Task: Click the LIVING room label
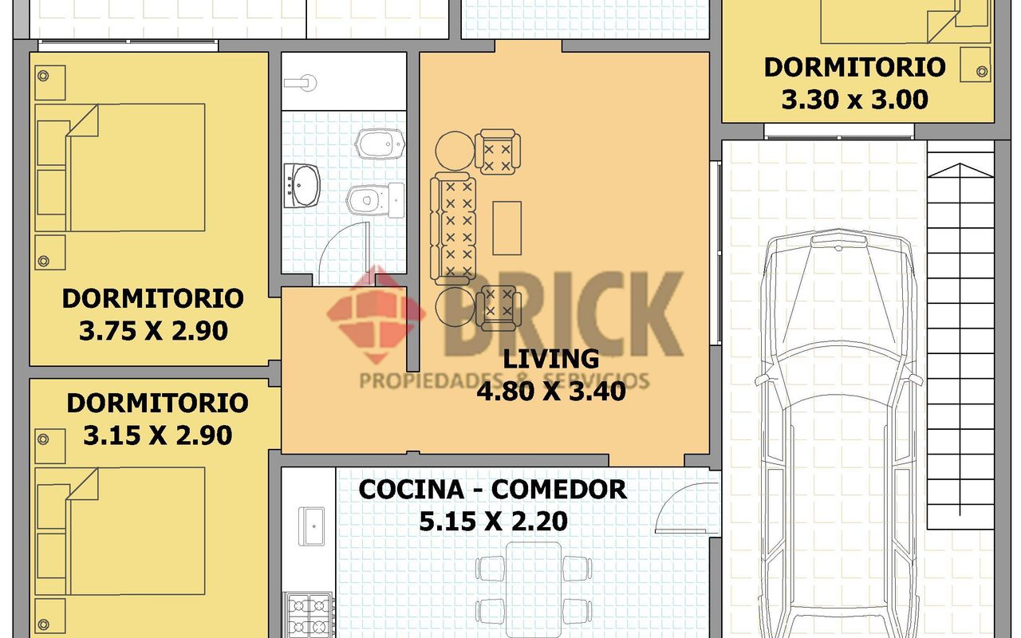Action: [x=550, y=359]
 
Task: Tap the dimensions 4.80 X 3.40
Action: [x=551, y=392]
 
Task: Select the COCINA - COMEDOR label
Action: [x=493, y=490]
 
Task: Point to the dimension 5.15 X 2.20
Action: [x=493, y=522]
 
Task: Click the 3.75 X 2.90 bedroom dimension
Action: [x=153, y=331]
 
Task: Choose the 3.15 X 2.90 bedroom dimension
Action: [x=158, y=435]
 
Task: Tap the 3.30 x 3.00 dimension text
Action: [x=854, y=100]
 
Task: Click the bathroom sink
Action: [x=302, y=186]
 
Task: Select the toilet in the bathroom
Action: [x=375, y=200]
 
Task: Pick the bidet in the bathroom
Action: [x=380, y=144]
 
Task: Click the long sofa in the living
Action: [x=453, y=226]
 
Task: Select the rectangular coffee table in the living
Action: [x=507, y=228]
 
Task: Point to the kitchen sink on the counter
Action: [x=311, y=526]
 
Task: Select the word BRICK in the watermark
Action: [x=564, y=314]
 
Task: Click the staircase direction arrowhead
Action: [x=960, y=170]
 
